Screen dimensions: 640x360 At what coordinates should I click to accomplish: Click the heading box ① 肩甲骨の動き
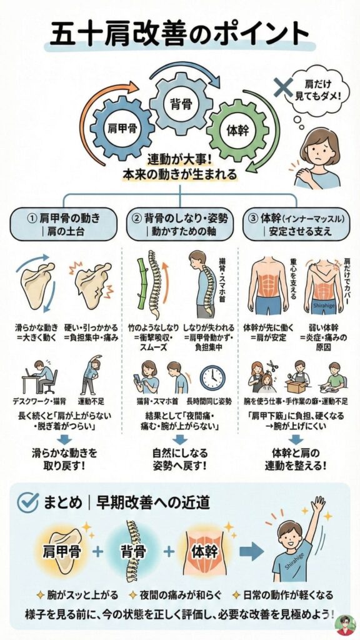(64, 224)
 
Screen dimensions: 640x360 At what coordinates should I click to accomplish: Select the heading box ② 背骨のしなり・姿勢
(180, 224)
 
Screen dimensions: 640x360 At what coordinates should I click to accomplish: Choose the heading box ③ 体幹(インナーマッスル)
(296, 224)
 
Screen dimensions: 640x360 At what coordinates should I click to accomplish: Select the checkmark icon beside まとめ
(30, 501)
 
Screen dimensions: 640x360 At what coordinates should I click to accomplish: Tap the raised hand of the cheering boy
(319, 504)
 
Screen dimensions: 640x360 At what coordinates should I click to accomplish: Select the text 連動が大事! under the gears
(180, 159)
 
